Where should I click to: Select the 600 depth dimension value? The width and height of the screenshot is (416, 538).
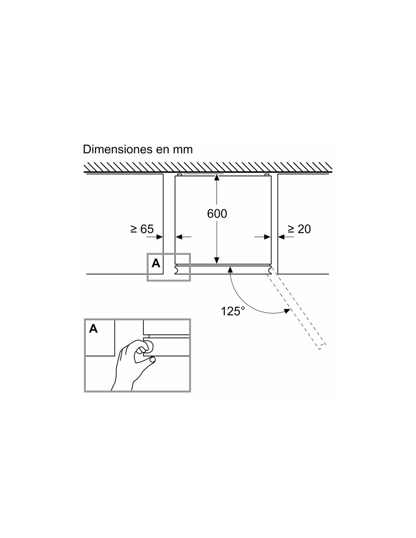click(217, 214)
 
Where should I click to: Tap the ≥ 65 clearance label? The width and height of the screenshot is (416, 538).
click(142, 229)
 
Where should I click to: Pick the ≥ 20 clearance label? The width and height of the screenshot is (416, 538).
click(299, 229)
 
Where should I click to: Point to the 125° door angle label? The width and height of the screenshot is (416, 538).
click(230, 311)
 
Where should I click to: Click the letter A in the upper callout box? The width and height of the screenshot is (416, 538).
click(156, 263)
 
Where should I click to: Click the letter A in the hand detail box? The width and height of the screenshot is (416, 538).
click(93, 328)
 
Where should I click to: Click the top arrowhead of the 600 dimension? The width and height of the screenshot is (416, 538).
click(217, 177)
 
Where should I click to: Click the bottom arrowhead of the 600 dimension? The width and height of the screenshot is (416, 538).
click(217, 260)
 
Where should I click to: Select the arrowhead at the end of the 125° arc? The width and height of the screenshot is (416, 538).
click(287, 311)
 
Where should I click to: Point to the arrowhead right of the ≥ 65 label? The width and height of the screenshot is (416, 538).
click(160, 237)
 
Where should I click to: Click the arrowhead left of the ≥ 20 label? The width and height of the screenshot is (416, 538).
click(281, 237)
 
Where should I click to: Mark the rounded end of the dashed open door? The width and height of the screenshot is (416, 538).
click(322, 347)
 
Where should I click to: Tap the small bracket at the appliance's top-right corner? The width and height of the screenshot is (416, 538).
click(267, 175)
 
